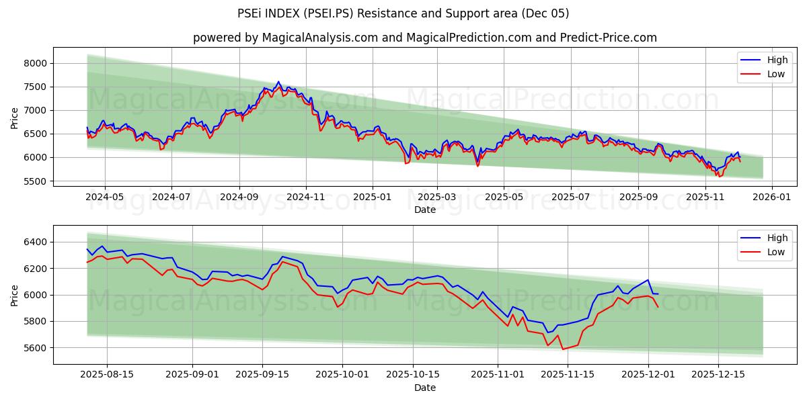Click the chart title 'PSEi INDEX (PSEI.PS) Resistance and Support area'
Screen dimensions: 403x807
[403, 13]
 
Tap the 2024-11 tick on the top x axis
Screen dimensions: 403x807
[306, 197]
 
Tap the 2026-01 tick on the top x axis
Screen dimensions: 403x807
[771, 197]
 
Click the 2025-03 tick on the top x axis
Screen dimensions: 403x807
[437, 197]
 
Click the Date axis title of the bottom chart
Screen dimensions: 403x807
[424, 388]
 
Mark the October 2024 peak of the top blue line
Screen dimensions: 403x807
[278, 82]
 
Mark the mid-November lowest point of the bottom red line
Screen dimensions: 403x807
[563, 349]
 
